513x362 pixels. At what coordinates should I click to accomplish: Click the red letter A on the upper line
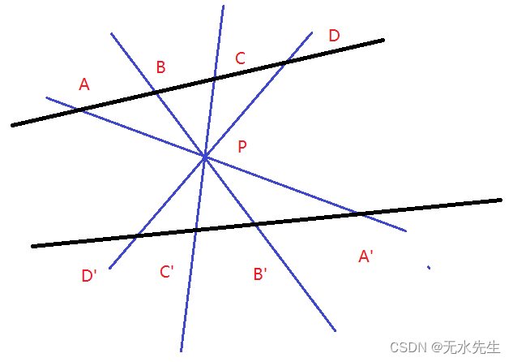pyautogui.click(x=84, y=84)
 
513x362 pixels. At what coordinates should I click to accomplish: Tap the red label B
pyautogui.click(x=160, y=67)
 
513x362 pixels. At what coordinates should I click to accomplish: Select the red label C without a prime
pyautogui.click(x=240, y=58)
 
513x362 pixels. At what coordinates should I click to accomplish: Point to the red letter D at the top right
pyautogui.click(x=334, y=36)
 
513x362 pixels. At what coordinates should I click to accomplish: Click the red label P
pyautogui.click(x=242, y=147)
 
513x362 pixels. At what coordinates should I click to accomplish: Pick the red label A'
pyautogui.click(x=365, y=257)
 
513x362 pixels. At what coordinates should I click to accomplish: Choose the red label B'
pyautogui.click(x=260, y=274)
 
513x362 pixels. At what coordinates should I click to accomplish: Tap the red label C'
pyautogui.click(x=167, y=272)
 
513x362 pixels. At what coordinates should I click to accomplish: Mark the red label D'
pyautogui.click(x=89, y=276)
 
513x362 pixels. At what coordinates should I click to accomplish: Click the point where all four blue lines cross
pyautogui.click(x=205, y=156)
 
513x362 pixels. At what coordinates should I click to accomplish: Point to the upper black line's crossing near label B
pyautogui.click(x=155, y=92)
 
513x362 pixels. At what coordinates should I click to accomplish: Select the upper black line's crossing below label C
pyautogui.click(x=214, y=78)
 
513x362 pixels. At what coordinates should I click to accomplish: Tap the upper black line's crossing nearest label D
pyautogui.click(x=284, y=62)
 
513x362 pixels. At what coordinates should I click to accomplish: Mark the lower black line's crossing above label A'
pyautogui.click(x=357, y=213)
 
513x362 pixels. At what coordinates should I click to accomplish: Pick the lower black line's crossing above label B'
pyautogui.click(x=253, y=223)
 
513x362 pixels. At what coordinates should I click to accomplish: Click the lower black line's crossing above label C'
pyautogui.click(x=195, y=230)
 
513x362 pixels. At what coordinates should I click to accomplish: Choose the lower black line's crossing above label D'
pyautogui.click(x=138, y=235)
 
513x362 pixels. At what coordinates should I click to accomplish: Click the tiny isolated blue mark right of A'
pyautogui.click(x=429, y=267)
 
